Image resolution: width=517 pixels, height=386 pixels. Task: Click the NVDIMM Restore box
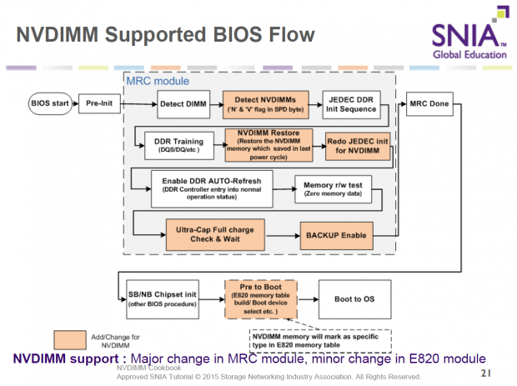point(269,145)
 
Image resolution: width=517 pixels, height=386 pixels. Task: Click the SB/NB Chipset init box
point(163,298)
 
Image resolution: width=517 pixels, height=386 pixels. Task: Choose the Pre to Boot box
point(260,298)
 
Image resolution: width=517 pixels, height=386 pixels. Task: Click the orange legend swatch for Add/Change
point(80,339)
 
